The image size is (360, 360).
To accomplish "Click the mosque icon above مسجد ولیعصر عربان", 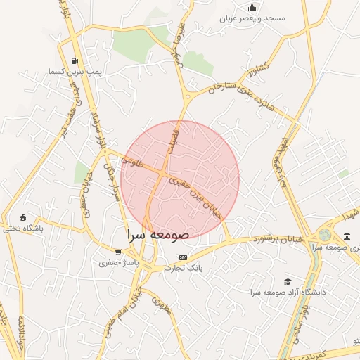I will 252,7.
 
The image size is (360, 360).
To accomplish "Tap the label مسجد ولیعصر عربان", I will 253,18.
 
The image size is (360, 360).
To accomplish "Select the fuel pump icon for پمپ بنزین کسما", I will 75,60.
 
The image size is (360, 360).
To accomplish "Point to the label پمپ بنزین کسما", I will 75,72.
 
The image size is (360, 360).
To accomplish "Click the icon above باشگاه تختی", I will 23,217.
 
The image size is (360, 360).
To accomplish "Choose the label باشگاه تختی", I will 23,229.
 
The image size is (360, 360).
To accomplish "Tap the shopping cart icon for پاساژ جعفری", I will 119,252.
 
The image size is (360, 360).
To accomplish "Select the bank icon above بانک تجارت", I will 184,257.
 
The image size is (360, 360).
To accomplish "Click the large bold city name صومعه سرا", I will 157,234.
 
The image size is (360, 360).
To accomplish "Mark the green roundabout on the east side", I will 325,235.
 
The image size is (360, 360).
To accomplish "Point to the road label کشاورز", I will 258,75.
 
